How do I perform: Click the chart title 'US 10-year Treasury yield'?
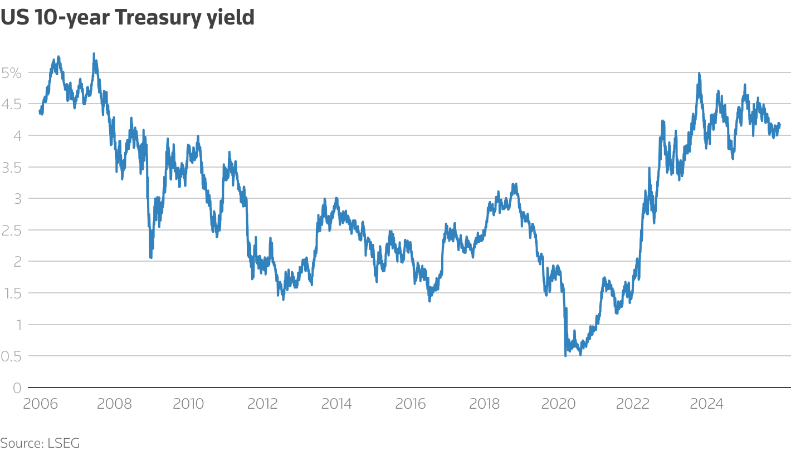(128, 18)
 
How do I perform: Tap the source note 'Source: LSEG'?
(40, 443)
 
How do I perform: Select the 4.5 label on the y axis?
(12, 104)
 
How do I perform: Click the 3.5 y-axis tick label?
(12, 167)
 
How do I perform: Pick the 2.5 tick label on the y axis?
(12, 230)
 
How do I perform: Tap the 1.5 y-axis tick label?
(12, 293)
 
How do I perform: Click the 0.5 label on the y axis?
(12, 356)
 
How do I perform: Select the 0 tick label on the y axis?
(17, 388)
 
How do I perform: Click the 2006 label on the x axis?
(40, 404)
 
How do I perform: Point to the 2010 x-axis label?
(188, 404)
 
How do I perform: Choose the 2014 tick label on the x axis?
(336, 404)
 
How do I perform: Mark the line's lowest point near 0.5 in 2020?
(565, 355)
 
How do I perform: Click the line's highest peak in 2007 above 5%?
(94, 54)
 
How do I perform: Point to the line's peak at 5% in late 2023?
(699, 73)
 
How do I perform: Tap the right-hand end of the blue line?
(779, 124)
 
